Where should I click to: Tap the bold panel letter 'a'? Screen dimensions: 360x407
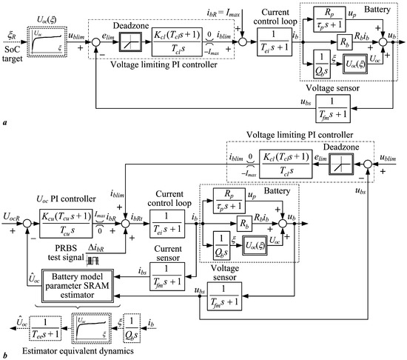pyautogui.click(x=4, y=128)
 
